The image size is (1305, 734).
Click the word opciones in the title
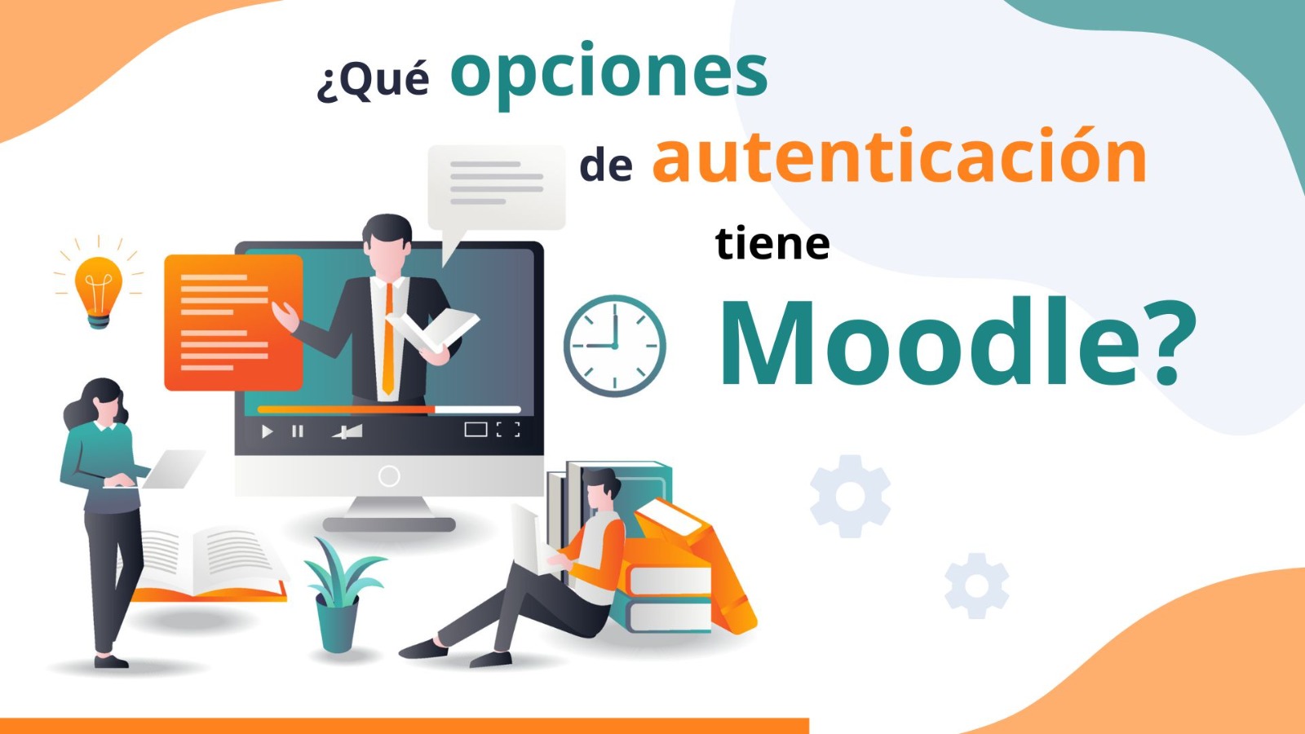[x=608, y=73]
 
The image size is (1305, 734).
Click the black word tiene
[x=772, y=244]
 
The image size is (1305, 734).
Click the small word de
[x=606, y=166]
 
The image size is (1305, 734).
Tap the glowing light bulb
[x=99, y=290]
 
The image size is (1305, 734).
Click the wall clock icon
[x=615, y=346]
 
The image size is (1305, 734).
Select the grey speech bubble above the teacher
[x=497, y=187]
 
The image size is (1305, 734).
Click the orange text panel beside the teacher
[x=233, y=322]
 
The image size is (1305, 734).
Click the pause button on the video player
[x=298, y=431]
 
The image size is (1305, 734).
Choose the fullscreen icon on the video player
[x=508, y=430]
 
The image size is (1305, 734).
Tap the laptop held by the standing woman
[x=172, y=469]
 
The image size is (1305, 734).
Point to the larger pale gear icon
[x=850, y=496]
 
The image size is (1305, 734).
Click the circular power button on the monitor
[x=389, y=475]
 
